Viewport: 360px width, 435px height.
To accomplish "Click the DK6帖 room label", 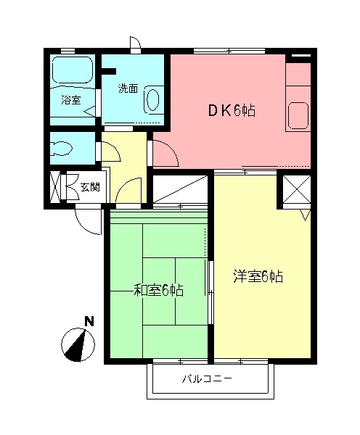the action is [232, 111].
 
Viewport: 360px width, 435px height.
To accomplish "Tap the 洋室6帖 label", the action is [258, 277].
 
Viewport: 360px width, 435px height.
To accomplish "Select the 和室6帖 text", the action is [159, 290].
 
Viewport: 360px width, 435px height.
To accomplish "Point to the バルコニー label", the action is [207, 378].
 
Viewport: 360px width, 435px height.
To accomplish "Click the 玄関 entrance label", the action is [90, 187].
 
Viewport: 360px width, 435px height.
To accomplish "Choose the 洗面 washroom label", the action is [128, 88].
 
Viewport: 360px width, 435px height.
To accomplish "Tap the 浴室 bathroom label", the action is [71, 100].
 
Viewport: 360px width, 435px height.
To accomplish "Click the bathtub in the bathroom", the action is [73, 70].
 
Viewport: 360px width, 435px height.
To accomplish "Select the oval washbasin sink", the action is [152, 99].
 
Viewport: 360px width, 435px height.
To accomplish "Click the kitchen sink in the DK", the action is [298, 115].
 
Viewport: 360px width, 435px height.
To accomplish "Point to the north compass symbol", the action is [78, 344].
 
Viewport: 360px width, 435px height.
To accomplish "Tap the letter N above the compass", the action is [89, 321].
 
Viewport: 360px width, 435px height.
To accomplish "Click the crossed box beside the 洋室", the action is [296, 189].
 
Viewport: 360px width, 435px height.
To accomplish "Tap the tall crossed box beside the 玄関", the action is [55, 187].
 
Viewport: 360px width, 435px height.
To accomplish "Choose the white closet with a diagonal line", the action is [181, 189].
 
